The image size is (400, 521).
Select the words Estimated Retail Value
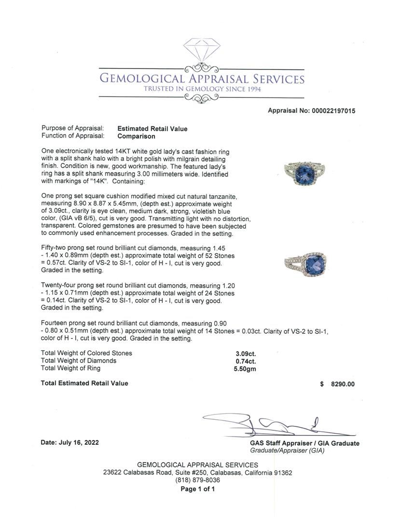coord(152,129)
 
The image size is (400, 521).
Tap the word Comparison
coord(137,136)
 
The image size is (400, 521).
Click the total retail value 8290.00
coord(343,384)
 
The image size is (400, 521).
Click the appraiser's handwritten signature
coord(270,425)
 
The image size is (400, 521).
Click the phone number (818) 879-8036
coord(197,480)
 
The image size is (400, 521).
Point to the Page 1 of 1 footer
coord(197,489)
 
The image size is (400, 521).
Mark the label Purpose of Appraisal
coord(72,128)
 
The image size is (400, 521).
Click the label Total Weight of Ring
coord(71,368)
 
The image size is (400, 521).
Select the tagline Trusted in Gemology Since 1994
coord(202,89)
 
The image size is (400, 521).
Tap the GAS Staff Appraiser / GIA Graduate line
coord(304,443)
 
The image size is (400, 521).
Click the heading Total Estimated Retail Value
coord(85,383)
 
